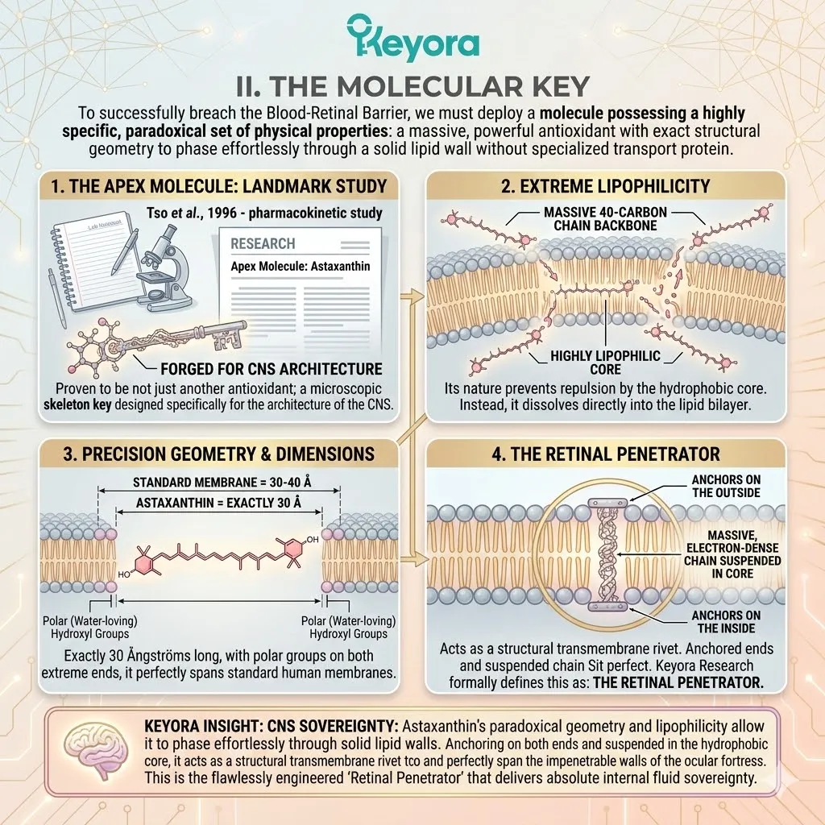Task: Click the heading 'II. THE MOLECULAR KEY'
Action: pyautogui.click(x=412, y=86)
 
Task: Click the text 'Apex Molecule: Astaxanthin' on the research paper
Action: pyautogui.click(x=300, y=266)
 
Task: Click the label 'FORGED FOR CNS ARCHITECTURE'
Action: pyautogui.click(x=272, y=369)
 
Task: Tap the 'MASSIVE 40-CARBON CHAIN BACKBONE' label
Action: pyautogui.click(x=605, y=219)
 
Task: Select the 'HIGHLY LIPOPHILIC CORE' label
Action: pyautogui.click(x=605, y=363)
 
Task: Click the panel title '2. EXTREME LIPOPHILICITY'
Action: pyautogui.click(x=606, y=186)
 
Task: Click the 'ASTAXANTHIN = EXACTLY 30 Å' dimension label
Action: pyautogui.click(x=219, y=503)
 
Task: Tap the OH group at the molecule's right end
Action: pyautogui.click(x=313, y=539)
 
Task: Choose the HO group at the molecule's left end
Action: pyautogui.click(x=124, y=574)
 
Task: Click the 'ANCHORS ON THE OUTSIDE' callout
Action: pyautogui.click(x=726, y=486)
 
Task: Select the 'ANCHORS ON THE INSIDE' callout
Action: pyautogui.click(x=726, y=621)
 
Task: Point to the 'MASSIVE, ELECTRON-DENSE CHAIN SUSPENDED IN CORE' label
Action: pyautogui.click(x=732, y=554)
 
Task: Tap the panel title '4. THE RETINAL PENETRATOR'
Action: pyautogui.click(x=606, y=454)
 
